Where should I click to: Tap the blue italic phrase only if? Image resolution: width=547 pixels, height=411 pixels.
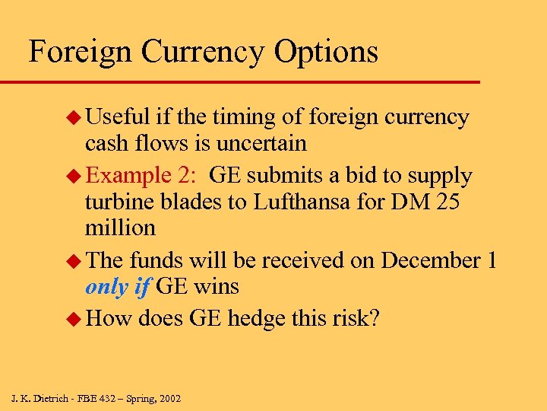click(118, 286)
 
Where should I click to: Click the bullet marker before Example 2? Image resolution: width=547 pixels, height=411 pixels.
click(74, 177)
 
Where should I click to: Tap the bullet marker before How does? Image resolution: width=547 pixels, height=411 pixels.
click(74, 318)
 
